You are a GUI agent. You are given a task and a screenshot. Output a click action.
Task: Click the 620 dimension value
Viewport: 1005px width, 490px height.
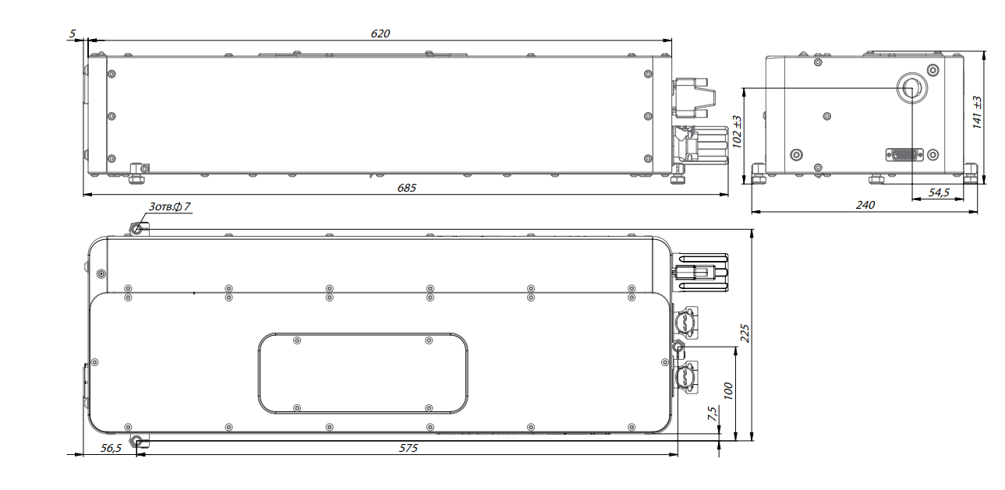pos(380,33)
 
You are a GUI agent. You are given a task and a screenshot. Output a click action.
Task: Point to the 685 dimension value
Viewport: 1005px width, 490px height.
pos(406,188)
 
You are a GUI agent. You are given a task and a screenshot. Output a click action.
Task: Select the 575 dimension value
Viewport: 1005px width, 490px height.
pos(409,448)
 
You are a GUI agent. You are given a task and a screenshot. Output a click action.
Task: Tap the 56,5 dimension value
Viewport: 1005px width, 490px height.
pos(111,448)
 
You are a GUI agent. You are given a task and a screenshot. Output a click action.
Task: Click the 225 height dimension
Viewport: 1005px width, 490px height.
pos(745,333)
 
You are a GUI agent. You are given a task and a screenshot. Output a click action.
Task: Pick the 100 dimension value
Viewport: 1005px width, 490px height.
pos(728,391)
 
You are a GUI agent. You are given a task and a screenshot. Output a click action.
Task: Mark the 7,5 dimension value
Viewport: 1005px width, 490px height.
pos(712,414)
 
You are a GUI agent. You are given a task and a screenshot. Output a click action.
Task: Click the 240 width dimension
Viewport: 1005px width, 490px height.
pos(865,205)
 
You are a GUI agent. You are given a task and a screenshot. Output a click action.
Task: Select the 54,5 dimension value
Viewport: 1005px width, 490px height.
pos(939,192)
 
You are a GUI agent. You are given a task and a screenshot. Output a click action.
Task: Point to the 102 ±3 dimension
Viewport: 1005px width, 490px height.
pos(737,132)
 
